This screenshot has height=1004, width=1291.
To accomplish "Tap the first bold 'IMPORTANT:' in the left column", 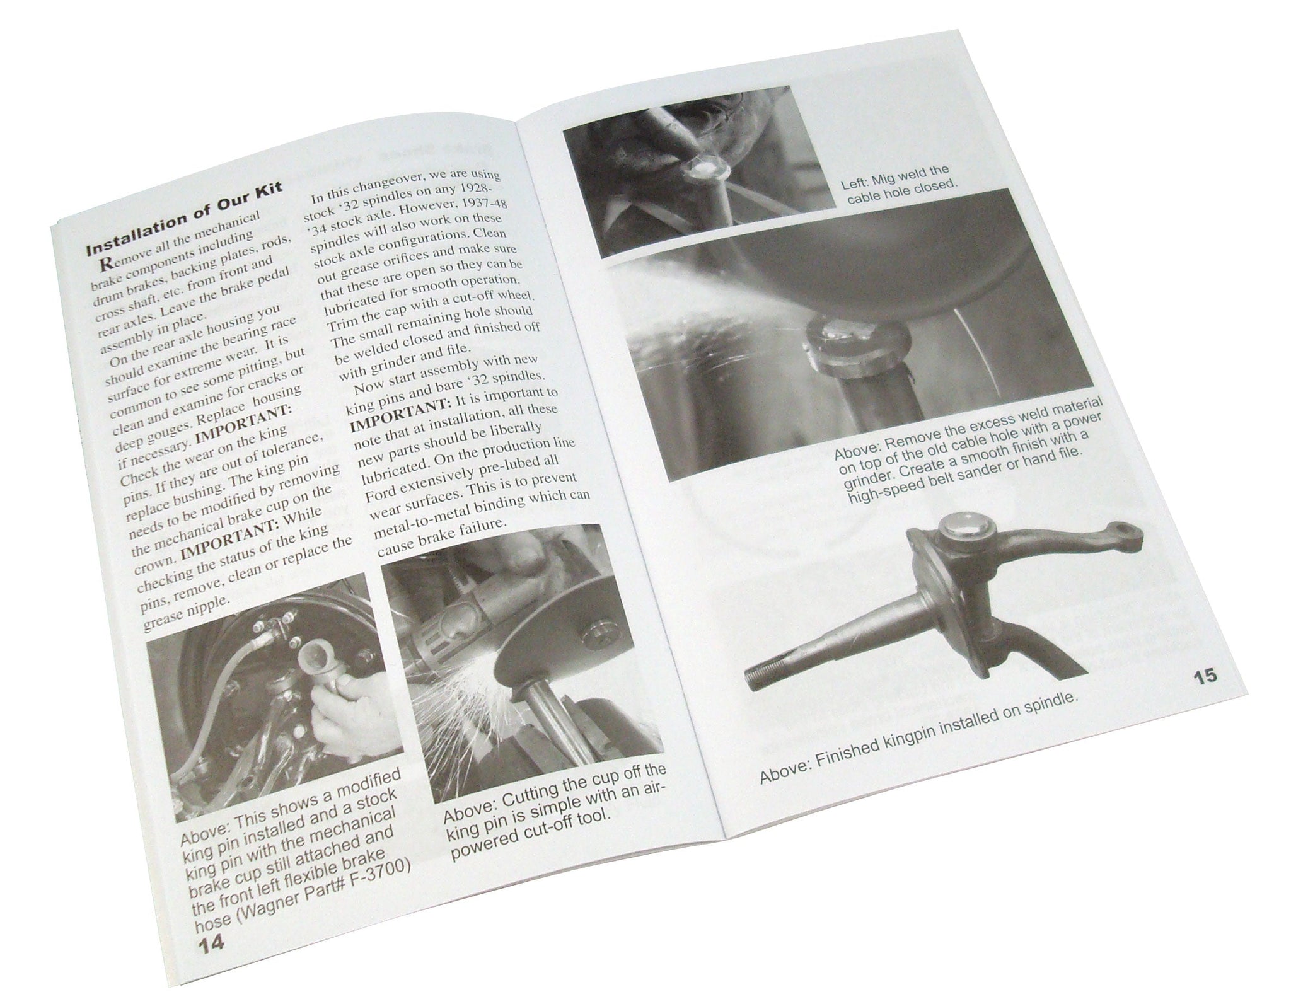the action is pos(245,428).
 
